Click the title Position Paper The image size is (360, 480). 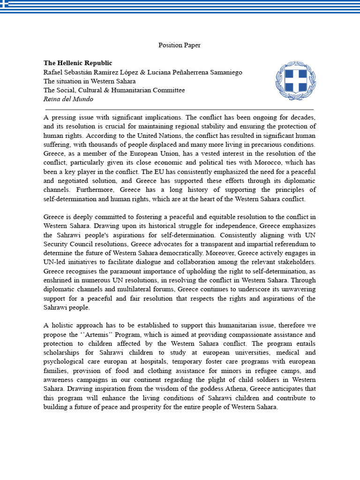tap(180, 45)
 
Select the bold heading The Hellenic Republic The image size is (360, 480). tap(78, 63)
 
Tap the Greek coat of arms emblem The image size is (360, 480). tap(296, 80)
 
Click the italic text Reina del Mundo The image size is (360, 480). tap(68, 99)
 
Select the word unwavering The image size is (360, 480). tap(296, 290)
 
